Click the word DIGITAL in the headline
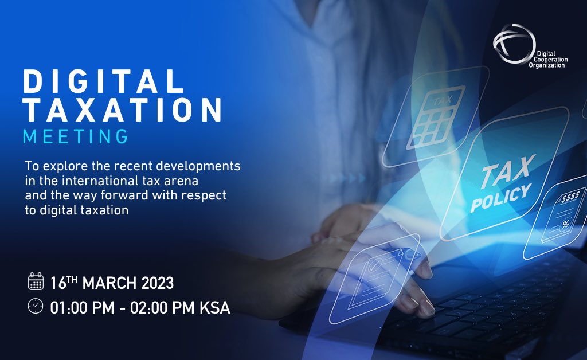104,82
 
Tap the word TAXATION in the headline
122,110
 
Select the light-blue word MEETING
75,137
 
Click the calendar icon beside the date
36,281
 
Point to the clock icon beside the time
36,306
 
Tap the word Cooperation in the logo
547,59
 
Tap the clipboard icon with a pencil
373,269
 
